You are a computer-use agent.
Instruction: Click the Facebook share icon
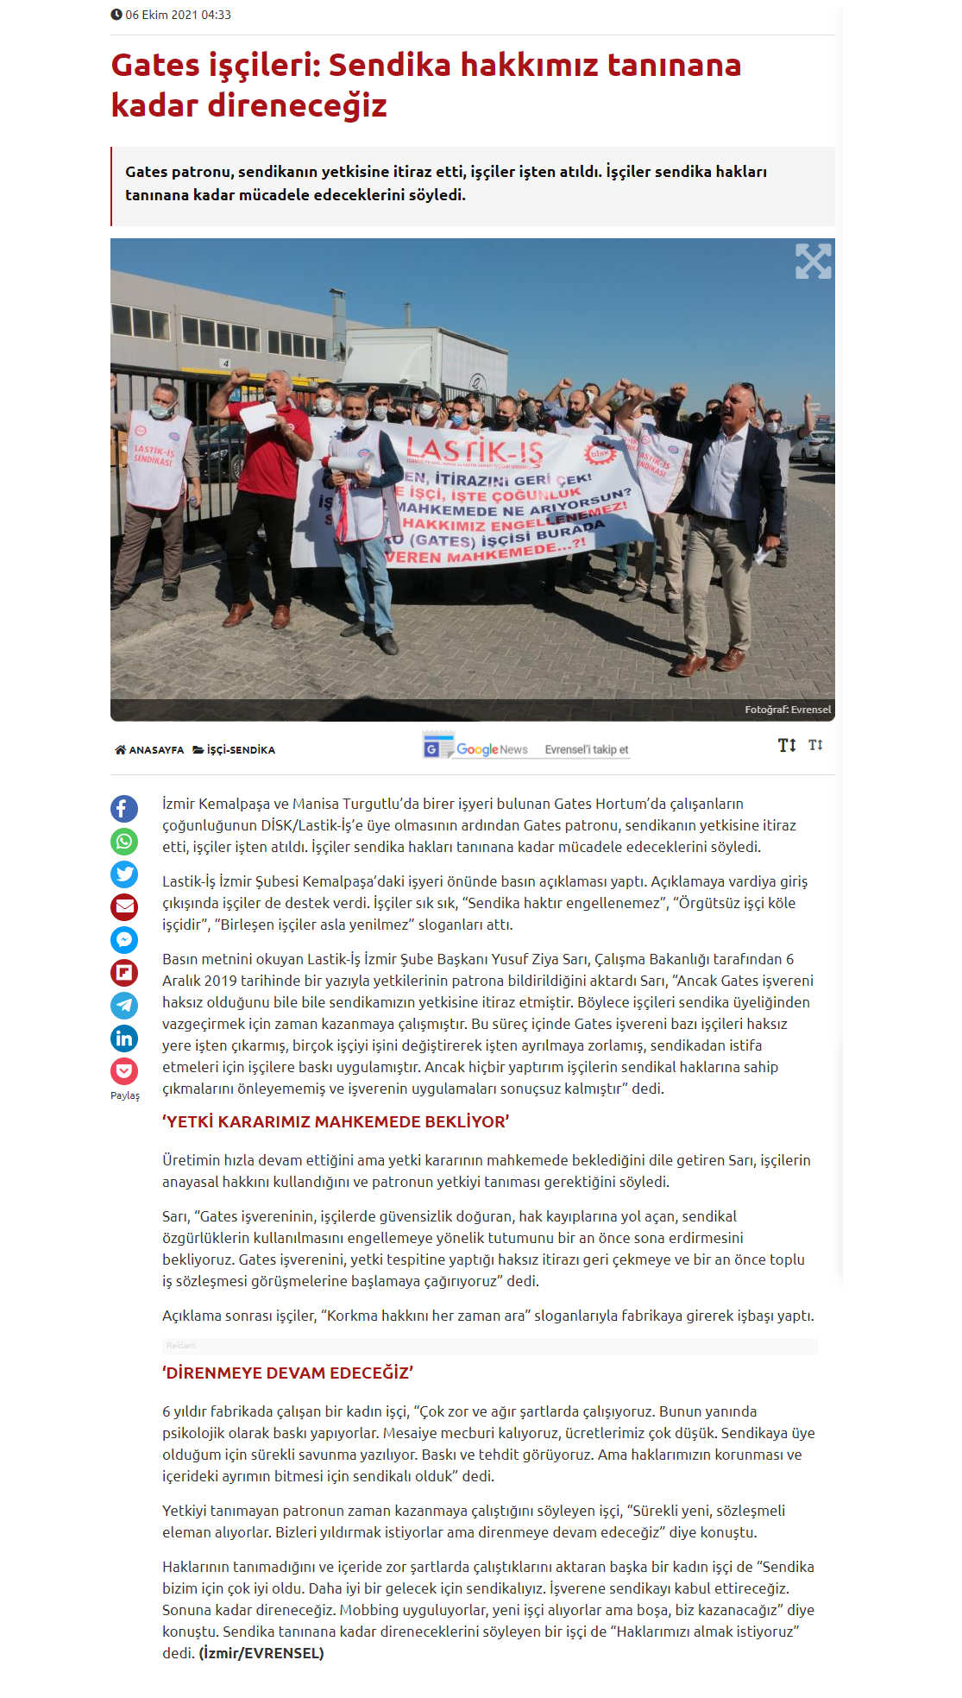tap(124, 809)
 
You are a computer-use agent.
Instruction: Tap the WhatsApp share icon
tap(124, 842)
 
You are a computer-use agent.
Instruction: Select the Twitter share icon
tap(124, 874)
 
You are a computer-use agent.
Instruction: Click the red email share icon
tap(124, 907)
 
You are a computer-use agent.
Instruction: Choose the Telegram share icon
tap(124, 1006)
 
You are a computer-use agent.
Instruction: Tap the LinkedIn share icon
tap(124, 1038)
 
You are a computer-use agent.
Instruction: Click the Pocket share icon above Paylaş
tap(124, 1071)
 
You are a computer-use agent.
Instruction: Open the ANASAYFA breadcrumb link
tap(149, 750)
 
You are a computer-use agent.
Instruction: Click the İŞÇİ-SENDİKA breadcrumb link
tap(234, 750)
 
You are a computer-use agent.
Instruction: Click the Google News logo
tap(475, 748)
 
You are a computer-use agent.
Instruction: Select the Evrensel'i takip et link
tap(587, 749)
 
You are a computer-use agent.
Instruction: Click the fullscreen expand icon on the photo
tap(813, 261)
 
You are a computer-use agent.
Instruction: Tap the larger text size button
tap(787, 745)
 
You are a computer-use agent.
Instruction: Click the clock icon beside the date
tap(116, 15)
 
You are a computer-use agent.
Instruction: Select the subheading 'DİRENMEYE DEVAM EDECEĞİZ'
tap(288, 1373)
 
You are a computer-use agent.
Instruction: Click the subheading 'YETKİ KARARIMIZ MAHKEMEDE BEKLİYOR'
tap(336, 1122)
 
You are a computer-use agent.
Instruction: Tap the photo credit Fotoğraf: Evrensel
tap(788, 710)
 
